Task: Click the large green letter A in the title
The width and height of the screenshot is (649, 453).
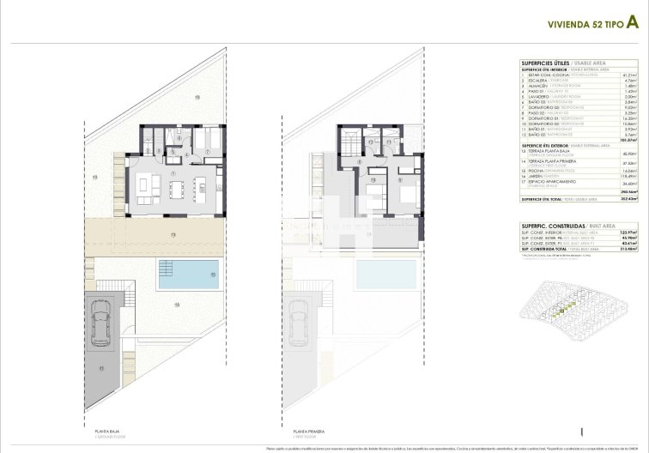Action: [x=630, y=25]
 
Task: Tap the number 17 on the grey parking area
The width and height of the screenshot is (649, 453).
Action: [x=100, y=369]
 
